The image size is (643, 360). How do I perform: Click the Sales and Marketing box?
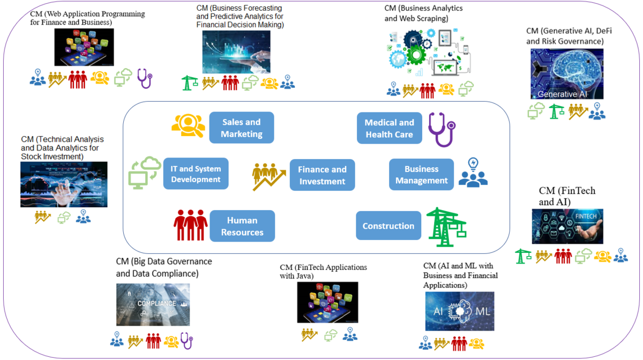click(241, 127)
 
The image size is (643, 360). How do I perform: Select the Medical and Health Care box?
click(390, 129)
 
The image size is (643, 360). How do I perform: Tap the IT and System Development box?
click(196, 174)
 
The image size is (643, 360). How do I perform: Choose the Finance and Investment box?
click(322, 175)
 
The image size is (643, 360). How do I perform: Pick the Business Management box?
click(421, 175)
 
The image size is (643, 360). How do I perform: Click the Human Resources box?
click(242, 226)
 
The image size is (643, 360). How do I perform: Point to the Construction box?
click(388, 226)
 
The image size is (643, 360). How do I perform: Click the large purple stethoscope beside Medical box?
click(441, 129)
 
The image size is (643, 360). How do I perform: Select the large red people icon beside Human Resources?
click(190, 225)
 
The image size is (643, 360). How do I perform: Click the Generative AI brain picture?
click(567, 74)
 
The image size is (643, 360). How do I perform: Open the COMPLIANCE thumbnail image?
click(153, 304)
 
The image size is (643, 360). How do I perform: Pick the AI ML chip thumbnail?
click(460, 311)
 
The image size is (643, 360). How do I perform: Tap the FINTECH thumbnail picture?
click(567, 227)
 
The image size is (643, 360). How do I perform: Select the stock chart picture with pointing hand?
click(64, 184)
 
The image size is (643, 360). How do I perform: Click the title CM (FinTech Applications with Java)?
click(323, 271)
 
